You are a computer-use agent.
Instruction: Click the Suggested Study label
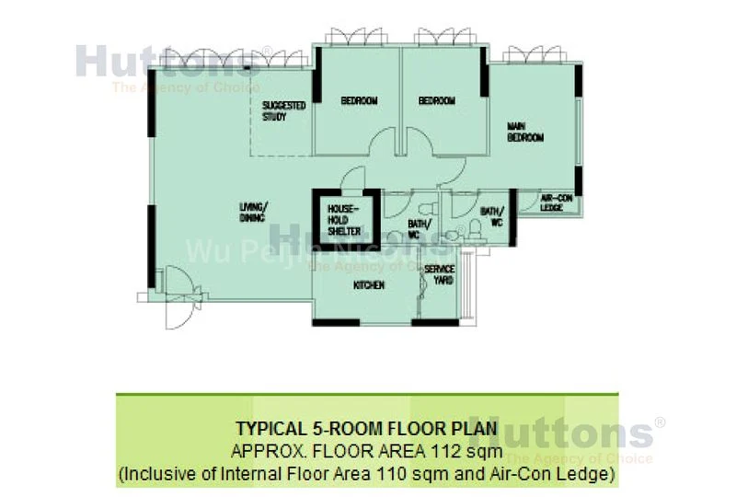tap(282, 111)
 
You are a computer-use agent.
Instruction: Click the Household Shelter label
tap(344, 221)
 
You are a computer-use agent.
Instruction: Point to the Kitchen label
tap(369, 286)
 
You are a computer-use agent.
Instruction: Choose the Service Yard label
tap(439, 274)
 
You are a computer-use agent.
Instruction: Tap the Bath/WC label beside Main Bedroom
tap(490, 216)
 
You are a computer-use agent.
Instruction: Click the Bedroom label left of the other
tap(359, 101)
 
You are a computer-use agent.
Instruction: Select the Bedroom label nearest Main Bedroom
tap(437, 101)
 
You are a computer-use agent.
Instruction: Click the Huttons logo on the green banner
tap(560, 433)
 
